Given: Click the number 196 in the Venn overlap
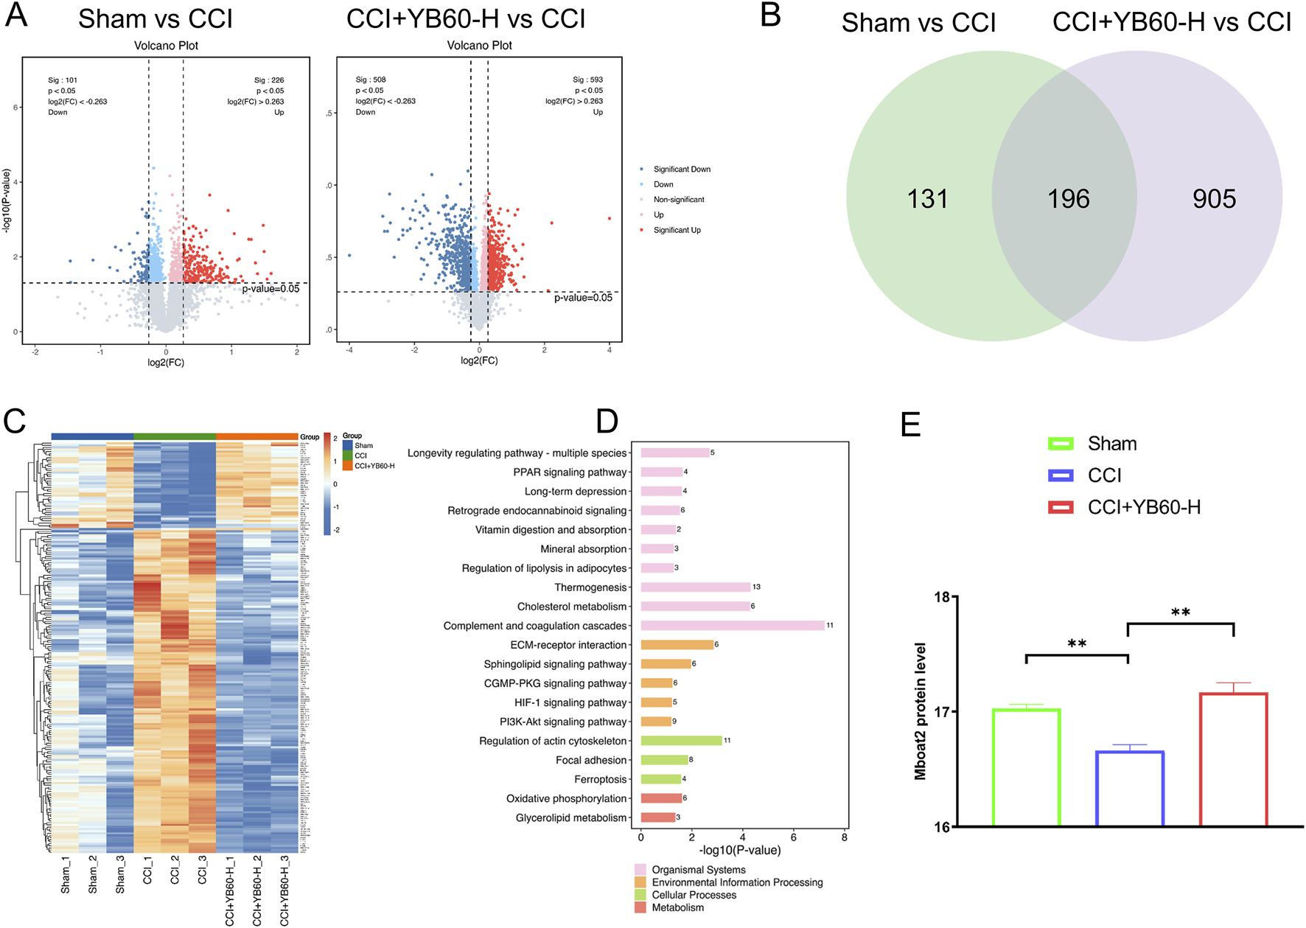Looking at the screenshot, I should tap(1069, 199).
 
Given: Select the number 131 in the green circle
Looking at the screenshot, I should tap(927, 199).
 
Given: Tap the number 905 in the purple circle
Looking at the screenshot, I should tap(1214, 199).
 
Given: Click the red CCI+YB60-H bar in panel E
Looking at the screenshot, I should tap(1233, 759).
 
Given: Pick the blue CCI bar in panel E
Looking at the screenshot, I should tap(1129, 789).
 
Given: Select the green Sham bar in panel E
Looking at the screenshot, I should tap(1026, 767).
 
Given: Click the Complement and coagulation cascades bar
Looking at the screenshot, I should tap(733, 626).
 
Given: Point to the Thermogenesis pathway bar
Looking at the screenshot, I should tap(695, 587).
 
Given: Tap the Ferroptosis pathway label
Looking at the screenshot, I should tap(600, 779).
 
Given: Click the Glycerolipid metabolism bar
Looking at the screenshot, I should tap(657, 817).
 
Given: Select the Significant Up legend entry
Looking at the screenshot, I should tap(677, 230).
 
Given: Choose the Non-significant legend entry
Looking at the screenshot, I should tap(678, 200).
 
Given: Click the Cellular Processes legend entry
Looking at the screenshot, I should tap(694, 895).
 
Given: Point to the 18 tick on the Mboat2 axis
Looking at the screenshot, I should tap(942, 597).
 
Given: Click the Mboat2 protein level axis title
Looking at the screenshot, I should tap(921, 711).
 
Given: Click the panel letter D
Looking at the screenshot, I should tap(607, 422).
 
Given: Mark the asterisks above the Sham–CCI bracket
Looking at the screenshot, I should tap(1077, 644).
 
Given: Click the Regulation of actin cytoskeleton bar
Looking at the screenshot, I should tap(681, 741).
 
